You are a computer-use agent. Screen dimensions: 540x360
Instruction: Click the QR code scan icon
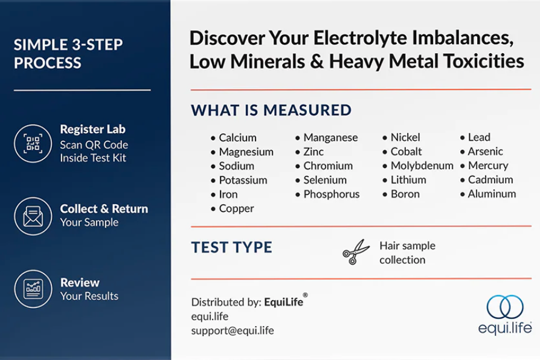33,143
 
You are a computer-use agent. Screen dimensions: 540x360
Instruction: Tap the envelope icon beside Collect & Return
33,216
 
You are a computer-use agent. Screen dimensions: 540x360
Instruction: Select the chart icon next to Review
33,289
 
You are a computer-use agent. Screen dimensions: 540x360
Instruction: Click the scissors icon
356,252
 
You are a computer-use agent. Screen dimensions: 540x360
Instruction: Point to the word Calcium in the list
237,138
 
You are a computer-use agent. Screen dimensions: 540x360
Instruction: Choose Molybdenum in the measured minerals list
422,166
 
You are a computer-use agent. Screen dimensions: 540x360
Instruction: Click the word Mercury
488,166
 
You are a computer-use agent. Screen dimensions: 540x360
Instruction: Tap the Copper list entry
236,209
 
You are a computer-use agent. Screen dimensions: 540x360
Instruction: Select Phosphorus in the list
331,194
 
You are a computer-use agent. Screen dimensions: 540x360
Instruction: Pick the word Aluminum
492,194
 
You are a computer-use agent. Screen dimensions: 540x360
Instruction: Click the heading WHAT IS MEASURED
271,111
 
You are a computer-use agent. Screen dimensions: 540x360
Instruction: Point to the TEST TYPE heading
232,248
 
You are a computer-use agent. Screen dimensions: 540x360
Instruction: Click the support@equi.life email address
233,331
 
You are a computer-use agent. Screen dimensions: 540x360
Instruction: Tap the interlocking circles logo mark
504,307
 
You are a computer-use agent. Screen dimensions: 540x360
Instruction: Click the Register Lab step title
92,129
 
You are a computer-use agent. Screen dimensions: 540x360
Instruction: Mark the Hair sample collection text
407,252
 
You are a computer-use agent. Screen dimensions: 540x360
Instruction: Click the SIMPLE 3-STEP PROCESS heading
68,54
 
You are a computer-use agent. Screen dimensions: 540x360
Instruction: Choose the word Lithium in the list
408,180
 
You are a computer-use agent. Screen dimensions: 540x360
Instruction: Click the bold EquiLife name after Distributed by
284,302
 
